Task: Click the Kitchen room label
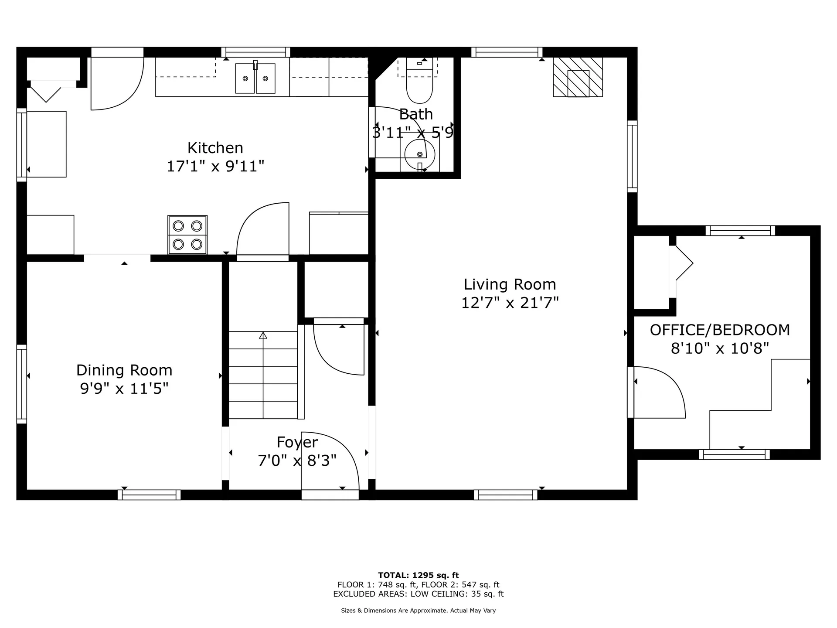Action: pyautogui.click(x=215, y=148)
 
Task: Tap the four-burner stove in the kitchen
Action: pyautogui.click(x=187, y=235)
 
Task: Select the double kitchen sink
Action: pyautogui.click(x=255, y=78)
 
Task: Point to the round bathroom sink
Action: pyautogui.click(x=419, y=154)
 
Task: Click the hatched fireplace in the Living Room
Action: pyautogui.click(x=578, y=78)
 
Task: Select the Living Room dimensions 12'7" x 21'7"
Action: pyautogui.click(x=510, y=303)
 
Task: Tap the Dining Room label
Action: pyautogui.click(x=124, y=370)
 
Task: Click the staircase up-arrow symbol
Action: pyautogui.click(x=263, y=336)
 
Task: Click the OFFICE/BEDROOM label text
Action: pyautogui.click(x=720, y=330)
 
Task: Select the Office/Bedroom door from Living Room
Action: pyautogui.click(x=658, y=392)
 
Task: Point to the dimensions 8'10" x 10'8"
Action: pyautogui.click(x=720, y=348)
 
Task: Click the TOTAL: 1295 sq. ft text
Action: pyautogui.click(x=418, y=575)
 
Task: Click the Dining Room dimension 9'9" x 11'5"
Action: pyautogui.click(x=124, y=388)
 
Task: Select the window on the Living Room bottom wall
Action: pyautogui.click(x=506, y=495)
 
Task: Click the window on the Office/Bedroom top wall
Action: pyautogui.click(x=740, y=230)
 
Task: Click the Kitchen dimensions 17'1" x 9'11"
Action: pyautogui.click(x=215, y=166)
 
